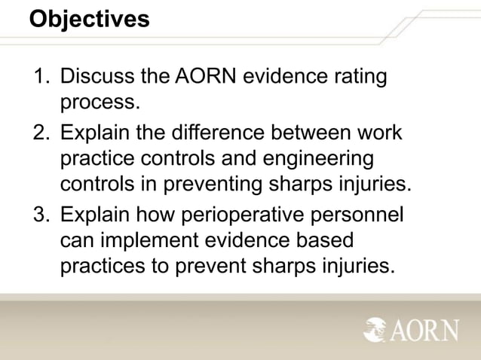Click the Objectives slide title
click(90, 18)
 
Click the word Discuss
click(95, 78)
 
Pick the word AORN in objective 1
click(206, 78)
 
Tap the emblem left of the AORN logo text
click(375, 329)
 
